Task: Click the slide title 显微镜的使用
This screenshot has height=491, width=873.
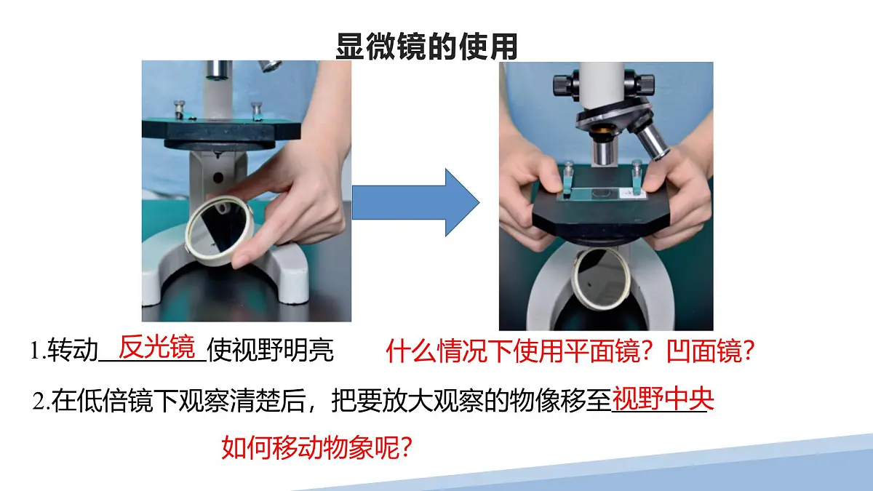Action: (x=426, y=46)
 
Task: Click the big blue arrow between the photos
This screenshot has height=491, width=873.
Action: (x=415, y=202)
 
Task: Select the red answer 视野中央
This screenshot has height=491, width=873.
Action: (x=663, y=399)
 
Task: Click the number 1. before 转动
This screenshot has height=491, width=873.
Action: (x=37, y=352)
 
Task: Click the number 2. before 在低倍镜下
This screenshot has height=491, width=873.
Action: (x=41, y=402)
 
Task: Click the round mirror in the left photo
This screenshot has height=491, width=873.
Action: (x=217, y=232)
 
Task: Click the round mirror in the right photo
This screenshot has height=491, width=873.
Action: (x=602, y=279)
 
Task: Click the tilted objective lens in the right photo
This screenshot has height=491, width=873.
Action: (x=650, y=139)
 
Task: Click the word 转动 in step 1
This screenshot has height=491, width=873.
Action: (x=72, y=351)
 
